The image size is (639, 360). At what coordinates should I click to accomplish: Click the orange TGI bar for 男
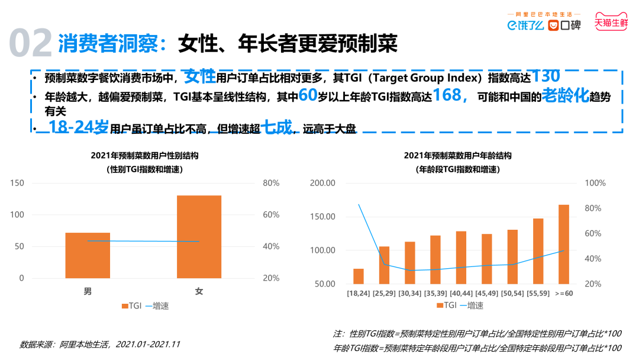point(88,255)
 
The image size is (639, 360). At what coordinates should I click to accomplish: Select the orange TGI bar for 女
point(199,236)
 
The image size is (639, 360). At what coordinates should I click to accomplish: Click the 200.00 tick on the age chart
point(322,183)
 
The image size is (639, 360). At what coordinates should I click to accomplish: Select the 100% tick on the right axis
point(595,183)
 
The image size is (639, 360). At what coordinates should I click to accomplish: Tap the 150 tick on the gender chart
point(17,183)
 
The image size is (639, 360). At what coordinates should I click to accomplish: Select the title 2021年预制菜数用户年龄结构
point(457,156)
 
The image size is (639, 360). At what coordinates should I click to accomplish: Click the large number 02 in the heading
point(31,43)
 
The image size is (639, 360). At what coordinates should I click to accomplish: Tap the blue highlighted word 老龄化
point(565,97)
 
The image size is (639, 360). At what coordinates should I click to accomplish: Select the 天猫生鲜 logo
point(611,24)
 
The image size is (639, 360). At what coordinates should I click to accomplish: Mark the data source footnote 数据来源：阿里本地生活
point(99,344)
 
